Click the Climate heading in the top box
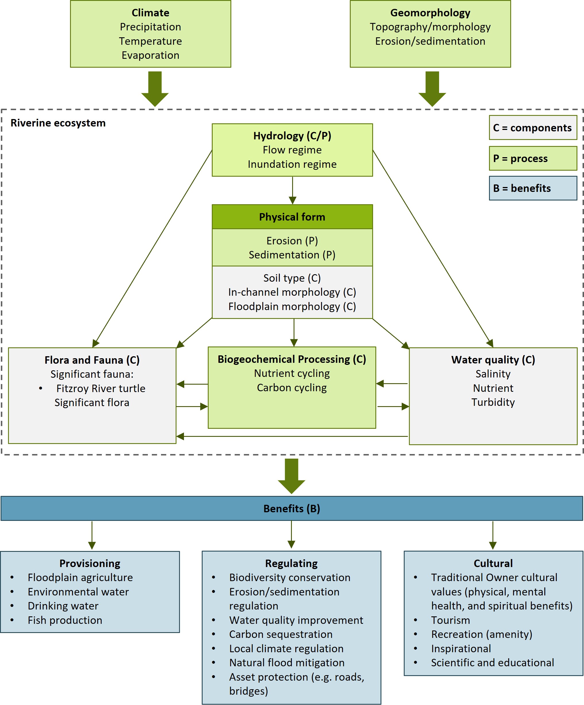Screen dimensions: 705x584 [x=150, y=13]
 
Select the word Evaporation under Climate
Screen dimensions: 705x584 [x=150, y=55]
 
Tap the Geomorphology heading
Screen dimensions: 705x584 [x=430, y=13]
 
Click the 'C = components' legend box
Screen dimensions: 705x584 [x=533, y=128]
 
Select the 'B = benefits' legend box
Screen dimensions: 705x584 [x=533, y=188]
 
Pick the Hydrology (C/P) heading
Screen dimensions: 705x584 [x=292, y=136]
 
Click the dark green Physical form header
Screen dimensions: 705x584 [x=292, y=217]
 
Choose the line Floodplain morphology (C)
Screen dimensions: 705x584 [x=292, y=307]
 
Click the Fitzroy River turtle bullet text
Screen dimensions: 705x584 [x=101, y=388]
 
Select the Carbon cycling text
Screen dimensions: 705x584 [x=292, y=388]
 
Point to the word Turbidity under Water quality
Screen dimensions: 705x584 [x=493, y=402]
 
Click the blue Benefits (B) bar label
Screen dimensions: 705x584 [x=292, y=509]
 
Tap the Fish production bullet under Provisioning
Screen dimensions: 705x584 [x=65, y=620]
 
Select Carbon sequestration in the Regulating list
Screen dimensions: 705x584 [x=281, y=634]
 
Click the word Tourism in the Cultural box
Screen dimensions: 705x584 [x=450, y=620]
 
